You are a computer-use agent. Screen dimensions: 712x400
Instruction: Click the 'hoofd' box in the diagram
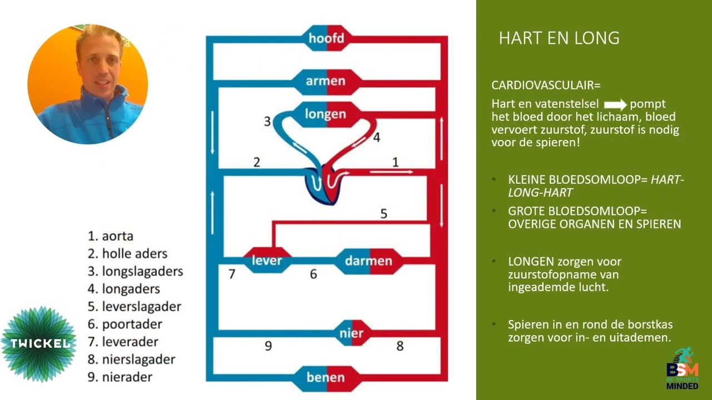click(x=327, y=38)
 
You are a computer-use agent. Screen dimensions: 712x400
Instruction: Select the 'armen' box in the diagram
click(x=326, y=82)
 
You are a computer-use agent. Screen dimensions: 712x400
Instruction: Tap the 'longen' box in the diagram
click(x=326, y=114)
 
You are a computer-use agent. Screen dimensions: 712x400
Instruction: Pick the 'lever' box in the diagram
click(x=267, y=261)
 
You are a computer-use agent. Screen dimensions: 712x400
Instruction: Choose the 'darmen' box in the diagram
click(x=369, y=261)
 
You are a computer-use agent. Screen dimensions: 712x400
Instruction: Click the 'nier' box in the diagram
click(x=352, y=333)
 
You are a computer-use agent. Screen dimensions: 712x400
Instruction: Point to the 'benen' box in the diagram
click(x=327, y=378)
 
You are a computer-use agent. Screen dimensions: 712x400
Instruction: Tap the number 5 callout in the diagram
click(x=384, y=214)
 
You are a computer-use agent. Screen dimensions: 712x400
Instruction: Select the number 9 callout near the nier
click(x=268, y=346)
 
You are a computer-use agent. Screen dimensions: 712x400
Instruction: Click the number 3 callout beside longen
click(x=268, y=121)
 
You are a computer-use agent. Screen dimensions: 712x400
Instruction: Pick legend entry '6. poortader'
click(x=125, y=324)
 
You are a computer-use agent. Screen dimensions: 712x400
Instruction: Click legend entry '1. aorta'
click(x=110, y=236)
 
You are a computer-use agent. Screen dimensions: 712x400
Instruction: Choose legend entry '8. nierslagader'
click(x=131, y=359)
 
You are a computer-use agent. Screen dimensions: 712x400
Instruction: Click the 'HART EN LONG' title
click(x=559, y=38)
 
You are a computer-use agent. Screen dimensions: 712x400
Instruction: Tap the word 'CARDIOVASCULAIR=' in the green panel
click(x=546, y=85)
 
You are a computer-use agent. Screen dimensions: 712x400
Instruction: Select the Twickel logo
click(x=39, y=344)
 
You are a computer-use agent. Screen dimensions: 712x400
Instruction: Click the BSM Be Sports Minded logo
click(x=683, y=368)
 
